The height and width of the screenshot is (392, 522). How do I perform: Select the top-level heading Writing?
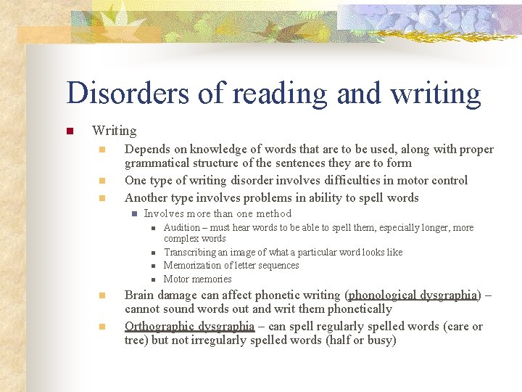click(x=114, y=131)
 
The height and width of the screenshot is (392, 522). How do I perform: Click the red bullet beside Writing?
click(x=70, y=131)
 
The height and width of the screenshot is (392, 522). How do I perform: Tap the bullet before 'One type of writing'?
click(x=103, y=181)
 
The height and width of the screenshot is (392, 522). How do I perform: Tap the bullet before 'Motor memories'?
click(x=154, y=279)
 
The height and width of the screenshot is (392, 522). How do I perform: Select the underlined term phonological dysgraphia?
click(x=414, y=295)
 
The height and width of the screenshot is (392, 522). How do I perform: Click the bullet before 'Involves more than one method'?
click(x=134, y=213)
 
